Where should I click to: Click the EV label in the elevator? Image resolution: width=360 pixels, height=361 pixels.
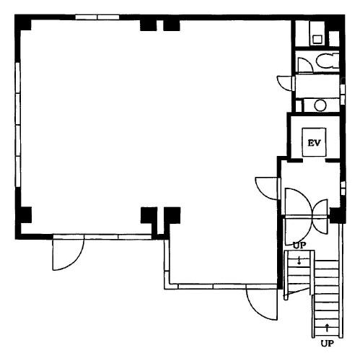315,143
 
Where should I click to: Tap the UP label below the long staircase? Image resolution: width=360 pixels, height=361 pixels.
328,344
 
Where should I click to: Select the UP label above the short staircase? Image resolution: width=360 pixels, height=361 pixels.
299,245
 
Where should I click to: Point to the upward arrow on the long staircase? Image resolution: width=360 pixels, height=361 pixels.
327,328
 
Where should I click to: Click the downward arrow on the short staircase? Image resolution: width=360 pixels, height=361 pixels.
299,261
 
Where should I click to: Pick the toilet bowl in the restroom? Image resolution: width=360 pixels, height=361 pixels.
328,61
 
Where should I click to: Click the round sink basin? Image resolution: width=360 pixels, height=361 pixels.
320,105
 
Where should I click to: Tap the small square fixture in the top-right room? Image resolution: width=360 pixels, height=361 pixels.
317,39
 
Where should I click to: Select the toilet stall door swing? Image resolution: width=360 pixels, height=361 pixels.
305,65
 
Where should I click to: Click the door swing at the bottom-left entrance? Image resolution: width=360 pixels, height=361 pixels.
69,254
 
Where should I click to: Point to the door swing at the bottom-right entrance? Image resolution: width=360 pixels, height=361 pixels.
262,304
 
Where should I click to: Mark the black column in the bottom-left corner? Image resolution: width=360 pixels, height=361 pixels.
24,215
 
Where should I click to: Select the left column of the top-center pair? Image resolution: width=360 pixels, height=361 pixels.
148,25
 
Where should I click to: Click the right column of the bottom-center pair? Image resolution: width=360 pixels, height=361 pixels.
172,215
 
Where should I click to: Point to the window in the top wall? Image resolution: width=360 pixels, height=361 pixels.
97,17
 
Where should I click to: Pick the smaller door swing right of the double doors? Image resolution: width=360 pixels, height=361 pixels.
320,217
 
